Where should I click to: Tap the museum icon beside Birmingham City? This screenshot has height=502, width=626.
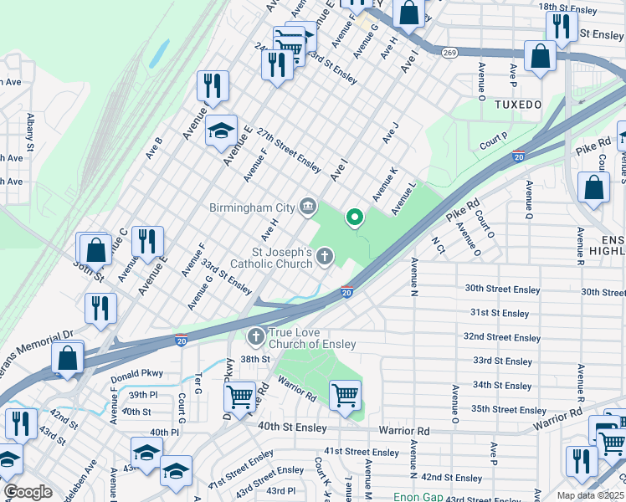(309, 206)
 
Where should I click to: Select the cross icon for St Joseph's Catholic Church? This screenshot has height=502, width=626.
(326, 258)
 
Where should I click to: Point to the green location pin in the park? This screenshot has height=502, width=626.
(354, 218)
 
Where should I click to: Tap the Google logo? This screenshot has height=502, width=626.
(28, 492)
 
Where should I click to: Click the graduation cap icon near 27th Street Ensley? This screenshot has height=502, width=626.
(221, 131)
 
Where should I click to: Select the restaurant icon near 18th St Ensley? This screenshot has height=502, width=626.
(561, 26)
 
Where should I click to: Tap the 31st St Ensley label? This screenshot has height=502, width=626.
(500, 313)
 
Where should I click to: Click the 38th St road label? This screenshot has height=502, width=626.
(255, 358)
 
